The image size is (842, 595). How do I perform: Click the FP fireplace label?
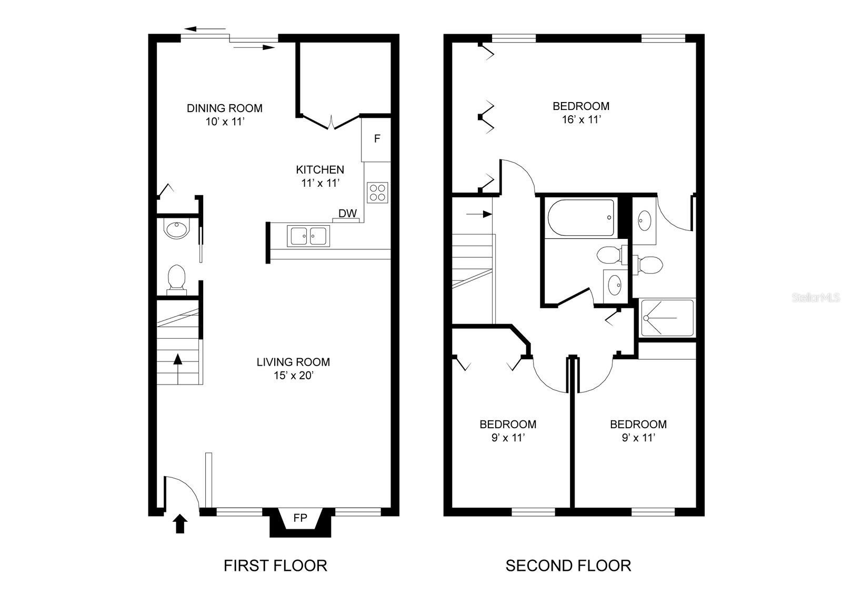pyautogui.click(x=300, y=518)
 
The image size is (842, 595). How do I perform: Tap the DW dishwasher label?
pyautogui.click(x=347, y=214)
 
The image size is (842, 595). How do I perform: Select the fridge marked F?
pyautogui.click(x=376, y=139)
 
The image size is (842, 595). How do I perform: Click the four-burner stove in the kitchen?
pyautogui.click(x=377, y=192)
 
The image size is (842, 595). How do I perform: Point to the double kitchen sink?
pyautogui.click(x=308, y=236)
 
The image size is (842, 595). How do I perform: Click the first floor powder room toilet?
pyautogui.click(x=176, y=277)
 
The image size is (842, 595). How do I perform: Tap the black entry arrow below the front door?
pyautogui.click(x=180, y=524)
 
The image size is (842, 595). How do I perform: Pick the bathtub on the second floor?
pyautogui.click(x=580, y=217)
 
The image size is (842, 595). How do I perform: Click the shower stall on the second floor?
pyautogui.click(x=668, y=318)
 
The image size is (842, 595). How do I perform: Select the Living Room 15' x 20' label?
pyautogui.click(x=293, y=368)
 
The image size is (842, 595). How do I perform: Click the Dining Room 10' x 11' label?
pyautogui.click(x=225, y=114)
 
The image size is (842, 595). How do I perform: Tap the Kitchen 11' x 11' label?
pyautogui.click(x=320, y=176)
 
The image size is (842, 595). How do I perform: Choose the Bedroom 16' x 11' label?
pyautogui.click(x=581, y=112)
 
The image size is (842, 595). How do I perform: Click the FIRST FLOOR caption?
pyautogui.click(x=275, y=566)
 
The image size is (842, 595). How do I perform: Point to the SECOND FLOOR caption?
pyautogui.click(x=568, y=566)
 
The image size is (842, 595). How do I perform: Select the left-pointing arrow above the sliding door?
pyautogui.click(x=205, y=29)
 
